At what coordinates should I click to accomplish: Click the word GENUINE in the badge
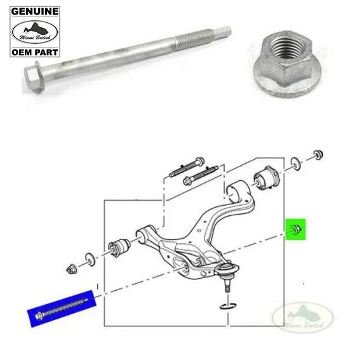(x=34, y=11)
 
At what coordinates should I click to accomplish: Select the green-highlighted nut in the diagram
(x=295, y=229)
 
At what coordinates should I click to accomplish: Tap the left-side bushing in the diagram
(x=121, y=245)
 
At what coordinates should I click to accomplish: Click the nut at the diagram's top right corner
(x=318, y=155)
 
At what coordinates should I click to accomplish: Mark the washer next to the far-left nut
(x=89, y=258)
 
